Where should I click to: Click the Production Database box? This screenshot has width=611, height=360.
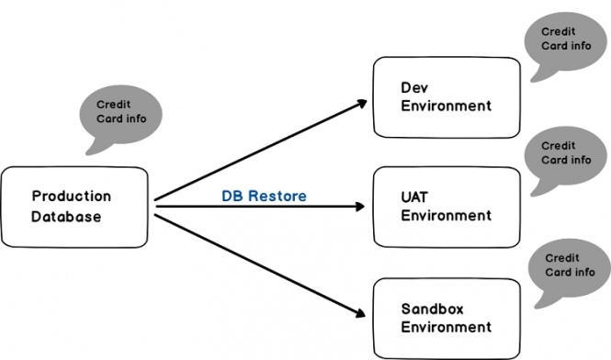click(74, 207)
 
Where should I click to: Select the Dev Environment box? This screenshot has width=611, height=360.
click(446, 96)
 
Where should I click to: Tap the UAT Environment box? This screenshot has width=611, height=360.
click(446, 207)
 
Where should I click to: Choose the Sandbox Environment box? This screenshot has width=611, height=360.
click(446, 317)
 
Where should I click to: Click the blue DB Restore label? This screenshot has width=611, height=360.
click(264, 196)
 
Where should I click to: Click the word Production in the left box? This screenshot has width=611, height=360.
click(71, 197)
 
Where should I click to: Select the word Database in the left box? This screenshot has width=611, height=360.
click(66, 217)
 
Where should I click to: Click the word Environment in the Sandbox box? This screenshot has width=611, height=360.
click(446, 327)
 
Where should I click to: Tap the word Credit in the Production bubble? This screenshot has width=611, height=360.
click(114, 104)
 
